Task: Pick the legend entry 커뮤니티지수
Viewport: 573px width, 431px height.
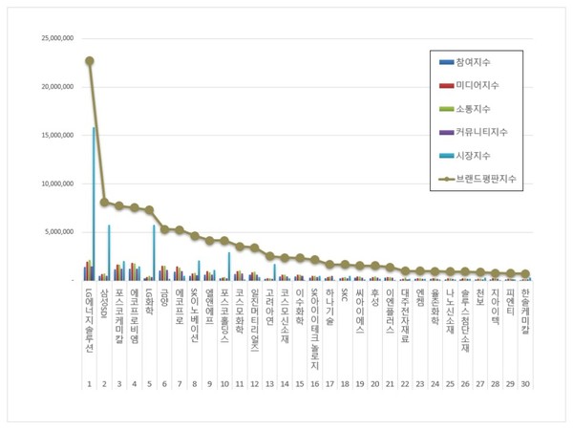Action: tap(492, 131)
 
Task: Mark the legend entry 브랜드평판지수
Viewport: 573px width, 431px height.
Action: tap(496, 177)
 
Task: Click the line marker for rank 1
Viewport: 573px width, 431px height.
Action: tap(89, 60)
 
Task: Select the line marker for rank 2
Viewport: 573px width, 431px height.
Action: tap(104, 202)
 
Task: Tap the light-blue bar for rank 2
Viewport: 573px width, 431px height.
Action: tap(109, 252)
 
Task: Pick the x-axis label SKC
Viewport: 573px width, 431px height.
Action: tap(344, 295)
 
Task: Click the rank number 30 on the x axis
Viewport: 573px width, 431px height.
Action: tap(526, 384)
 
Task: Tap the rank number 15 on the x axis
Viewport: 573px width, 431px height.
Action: tap(300, 384)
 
